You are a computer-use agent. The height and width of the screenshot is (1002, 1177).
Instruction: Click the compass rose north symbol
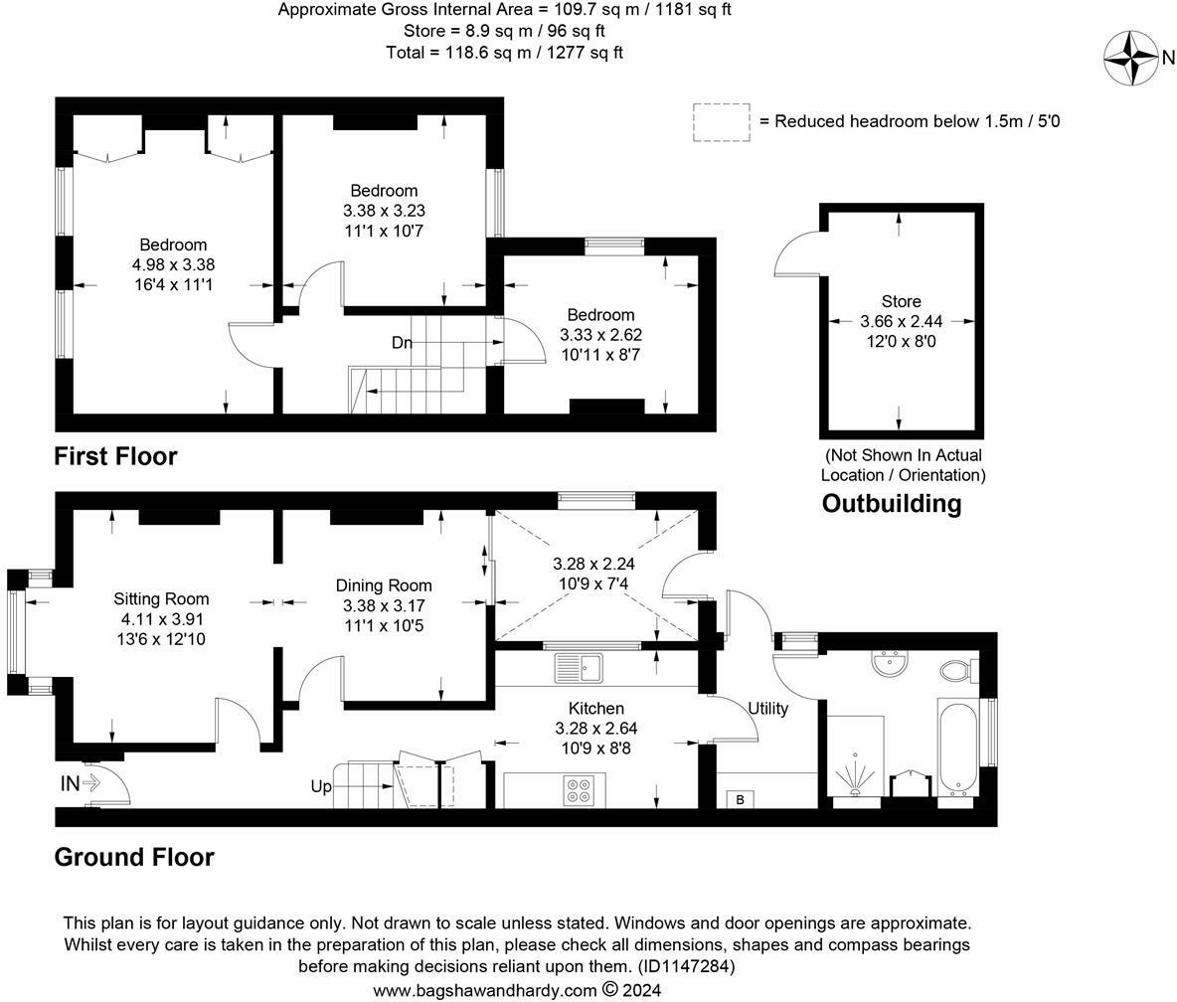[1132, 59]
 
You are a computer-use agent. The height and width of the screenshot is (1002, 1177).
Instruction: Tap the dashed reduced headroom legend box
[721, 122]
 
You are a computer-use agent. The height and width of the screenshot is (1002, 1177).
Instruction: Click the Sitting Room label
[161, 598]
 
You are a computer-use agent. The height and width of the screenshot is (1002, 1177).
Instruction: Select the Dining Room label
[384, 585]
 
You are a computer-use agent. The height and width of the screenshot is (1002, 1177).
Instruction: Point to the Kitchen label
[596, 708]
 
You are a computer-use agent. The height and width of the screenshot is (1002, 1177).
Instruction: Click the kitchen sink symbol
[579, 668]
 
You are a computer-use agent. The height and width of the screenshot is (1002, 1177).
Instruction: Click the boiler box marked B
[740, 799]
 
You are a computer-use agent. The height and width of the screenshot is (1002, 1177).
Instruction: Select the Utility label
[767, 708]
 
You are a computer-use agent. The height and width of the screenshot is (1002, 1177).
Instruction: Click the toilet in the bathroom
[956, 671]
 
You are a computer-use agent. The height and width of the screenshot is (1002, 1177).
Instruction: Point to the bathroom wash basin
[889, 663]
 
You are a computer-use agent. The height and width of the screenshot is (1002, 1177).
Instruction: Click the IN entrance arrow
[81, 783]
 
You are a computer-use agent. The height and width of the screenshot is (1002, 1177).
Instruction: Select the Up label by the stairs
[321, 786]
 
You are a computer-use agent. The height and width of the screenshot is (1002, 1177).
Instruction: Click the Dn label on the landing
[402, 343]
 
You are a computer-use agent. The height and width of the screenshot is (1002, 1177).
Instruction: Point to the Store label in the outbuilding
[901, 301]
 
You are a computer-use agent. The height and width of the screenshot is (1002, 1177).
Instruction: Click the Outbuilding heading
[892, 504]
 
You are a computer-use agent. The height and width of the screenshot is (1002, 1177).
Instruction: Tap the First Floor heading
[115, 456]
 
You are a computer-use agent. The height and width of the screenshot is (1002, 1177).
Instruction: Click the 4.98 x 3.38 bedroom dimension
[173, 264]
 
